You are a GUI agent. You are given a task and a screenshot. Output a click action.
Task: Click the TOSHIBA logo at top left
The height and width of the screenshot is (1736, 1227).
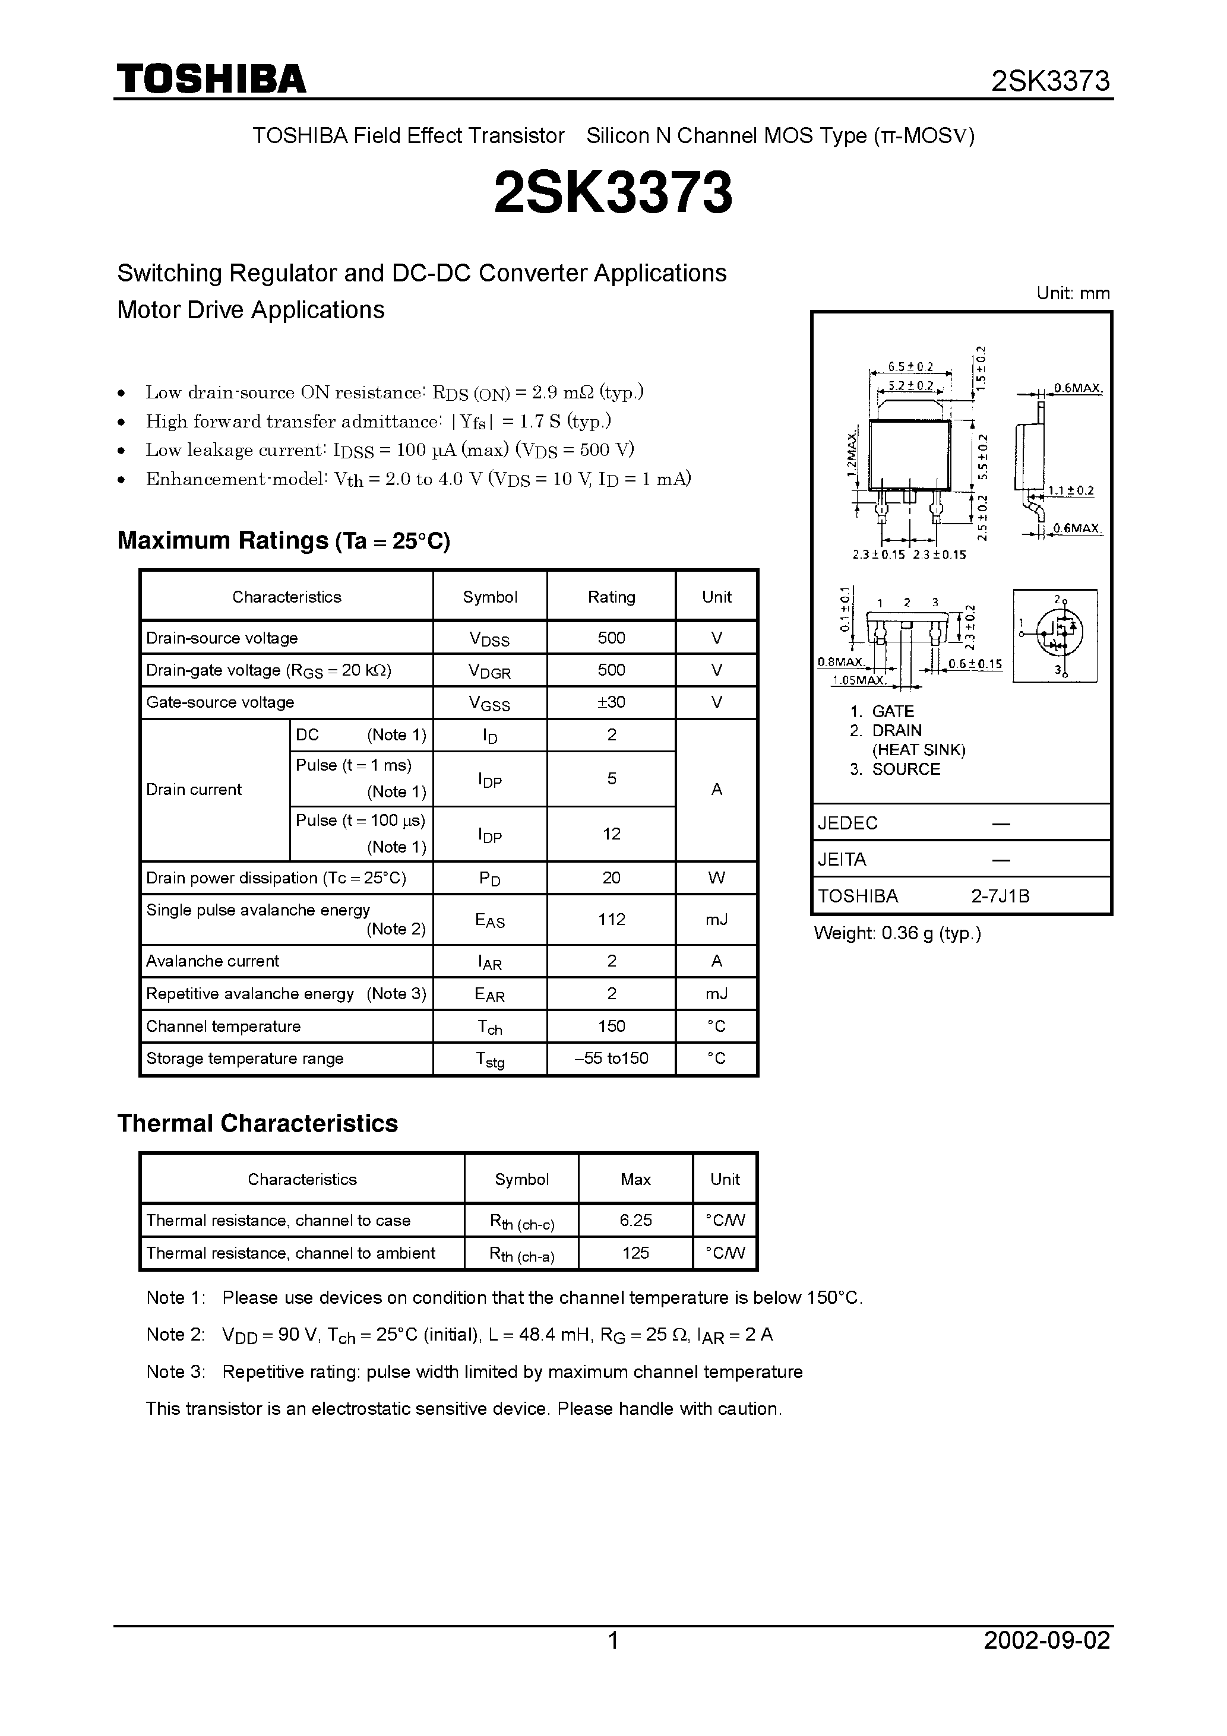[211, 80]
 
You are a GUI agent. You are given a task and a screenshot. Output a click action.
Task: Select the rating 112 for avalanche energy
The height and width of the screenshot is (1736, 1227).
[611, 920]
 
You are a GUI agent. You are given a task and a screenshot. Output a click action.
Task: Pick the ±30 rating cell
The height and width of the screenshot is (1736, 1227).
[611, 702]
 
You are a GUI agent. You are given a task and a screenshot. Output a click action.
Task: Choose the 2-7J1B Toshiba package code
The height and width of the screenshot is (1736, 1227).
[1000, 896]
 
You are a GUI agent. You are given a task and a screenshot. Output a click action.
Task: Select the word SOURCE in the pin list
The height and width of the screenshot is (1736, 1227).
[906, 769]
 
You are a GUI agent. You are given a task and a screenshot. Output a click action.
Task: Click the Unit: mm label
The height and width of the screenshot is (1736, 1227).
[1073, 293]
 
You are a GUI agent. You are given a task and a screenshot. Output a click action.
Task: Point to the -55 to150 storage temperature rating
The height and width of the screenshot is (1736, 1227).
[611, 1059]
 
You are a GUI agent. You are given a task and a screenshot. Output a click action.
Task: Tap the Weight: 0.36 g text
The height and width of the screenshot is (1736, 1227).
[897, 933]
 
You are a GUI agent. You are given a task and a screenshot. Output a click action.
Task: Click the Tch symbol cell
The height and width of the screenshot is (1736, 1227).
[489, 1027]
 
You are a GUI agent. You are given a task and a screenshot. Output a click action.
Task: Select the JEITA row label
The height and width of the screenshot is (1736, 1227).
[842, 860]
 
